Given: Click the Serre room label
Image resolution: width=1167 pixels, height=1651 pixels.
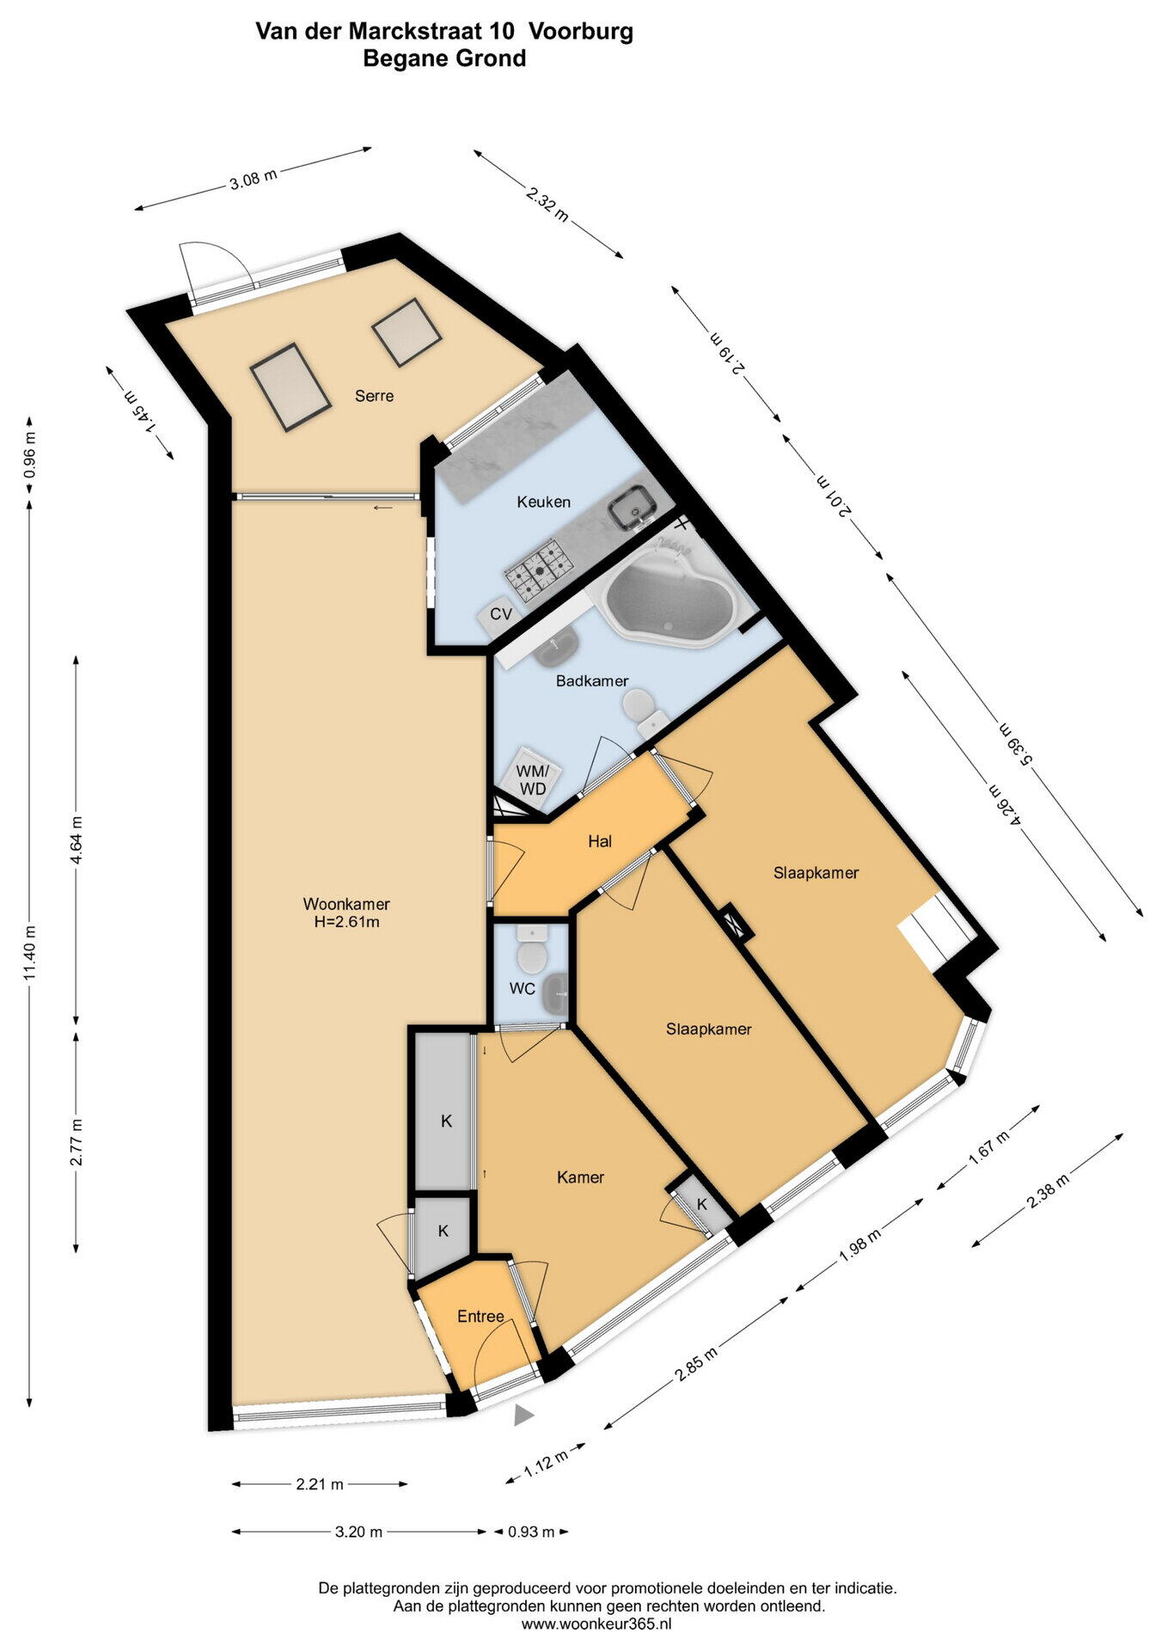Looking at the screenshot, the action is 375,396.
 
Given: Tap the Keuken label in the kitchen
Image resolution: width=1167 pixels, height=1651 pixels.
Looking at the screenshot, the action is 543,501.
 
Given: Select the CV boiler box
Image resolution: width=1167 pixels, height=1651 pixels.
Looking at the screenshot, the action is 500,614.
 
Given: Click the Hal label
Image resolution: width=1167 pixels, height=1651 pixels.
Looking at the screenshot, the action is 600,841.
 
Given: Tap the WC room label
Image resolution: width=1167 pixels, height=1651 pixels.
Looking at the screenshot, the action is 522,989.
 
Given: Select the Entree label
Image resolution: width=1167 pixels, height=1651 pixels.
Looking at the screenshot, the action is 480,1317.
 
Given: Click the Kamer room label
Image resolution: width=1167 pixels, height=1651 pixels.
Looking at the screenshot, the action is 580,1177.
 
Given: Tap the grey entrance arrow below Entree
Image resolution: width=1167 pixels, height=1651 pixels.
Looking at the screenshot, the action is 523,1415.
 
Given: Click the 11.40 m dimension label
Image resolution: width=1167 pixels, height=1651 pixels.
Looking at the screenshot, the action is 29,953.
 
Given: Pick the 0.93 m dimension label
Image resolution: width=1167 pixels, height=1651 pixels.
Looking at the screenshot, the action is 532,1531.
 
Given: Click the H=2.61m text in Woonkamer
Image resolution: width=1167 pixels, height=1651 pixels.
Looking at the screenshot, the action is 346,922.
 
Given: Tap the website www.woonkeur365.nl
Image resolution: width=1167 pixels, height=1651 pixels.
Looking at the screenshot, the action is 596,1624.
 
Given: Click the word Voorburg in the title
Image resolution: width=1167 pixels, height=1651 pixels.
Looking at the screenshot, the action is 581,32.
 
